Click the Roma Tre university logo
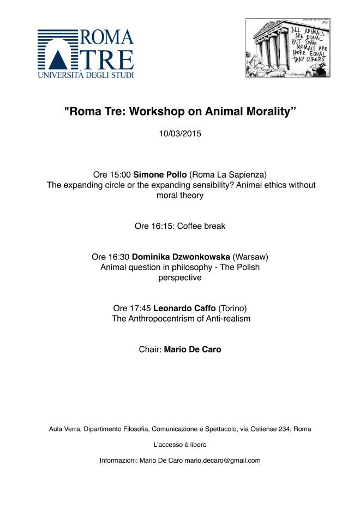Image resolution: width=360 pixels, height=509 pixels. point(86,52)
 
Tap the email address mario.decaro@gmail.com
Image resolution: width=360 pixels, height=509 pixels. point(223,460)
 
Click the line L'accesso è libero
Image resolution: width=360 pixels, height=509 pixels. point(179,445)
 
